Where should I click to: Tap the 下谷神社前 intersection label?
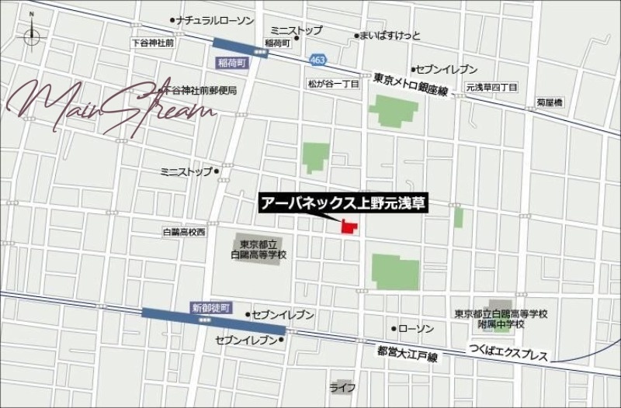[153, 43]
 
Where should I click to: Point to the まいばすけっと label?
[390, 36]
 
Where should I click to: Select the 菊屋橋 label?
[549, 102]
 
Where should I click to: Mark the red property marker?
[349, 226]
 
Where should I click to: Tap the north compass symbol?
[31, 34]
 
